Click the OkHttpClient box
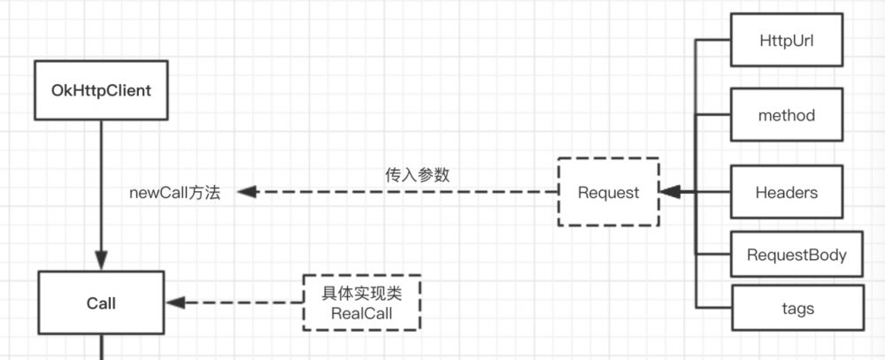pyautogui.click(x=102, y=90)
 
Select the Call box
pyautogui.click(x=102, y=303)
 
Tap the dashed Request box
pyautogui.click(x=608, y=193)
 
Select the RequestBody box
pyautogui.click(x=796, y=256)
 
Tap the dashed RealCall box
pyautogui.click(x=361, y=303)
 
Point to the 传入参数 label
pyautogui.click(x=418, y=174)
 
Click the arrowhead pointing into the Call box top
pyautogui.click(x=102, y=264)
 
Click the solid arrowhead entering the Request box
pyautogui.click(x=669, y=192)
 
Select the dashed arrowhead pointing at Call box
pyautogui.click(x=176, y=303)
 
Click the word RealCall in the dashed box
pyautogui.click(x=361, y=313)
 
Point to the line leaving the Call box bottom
pyautogui.click(x=102, y=347)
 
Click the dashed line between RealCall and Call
pyautogui.click(x=243, y=303)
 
